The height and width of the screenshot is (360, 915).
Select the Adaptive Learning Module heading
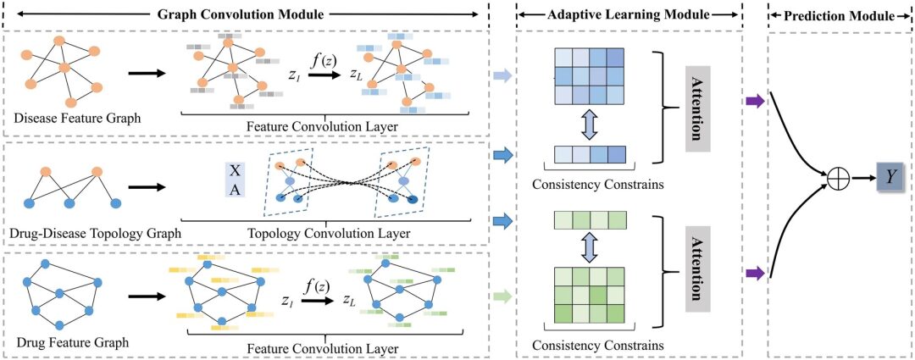tap(628, 14)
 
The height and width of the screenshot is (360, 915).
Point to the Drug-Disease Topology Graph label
tap(95, 231)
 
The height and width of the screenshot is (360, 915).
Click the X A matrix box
tap(235, 178)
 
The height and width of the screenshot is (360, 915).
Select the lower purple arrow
tap(754, 273)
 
